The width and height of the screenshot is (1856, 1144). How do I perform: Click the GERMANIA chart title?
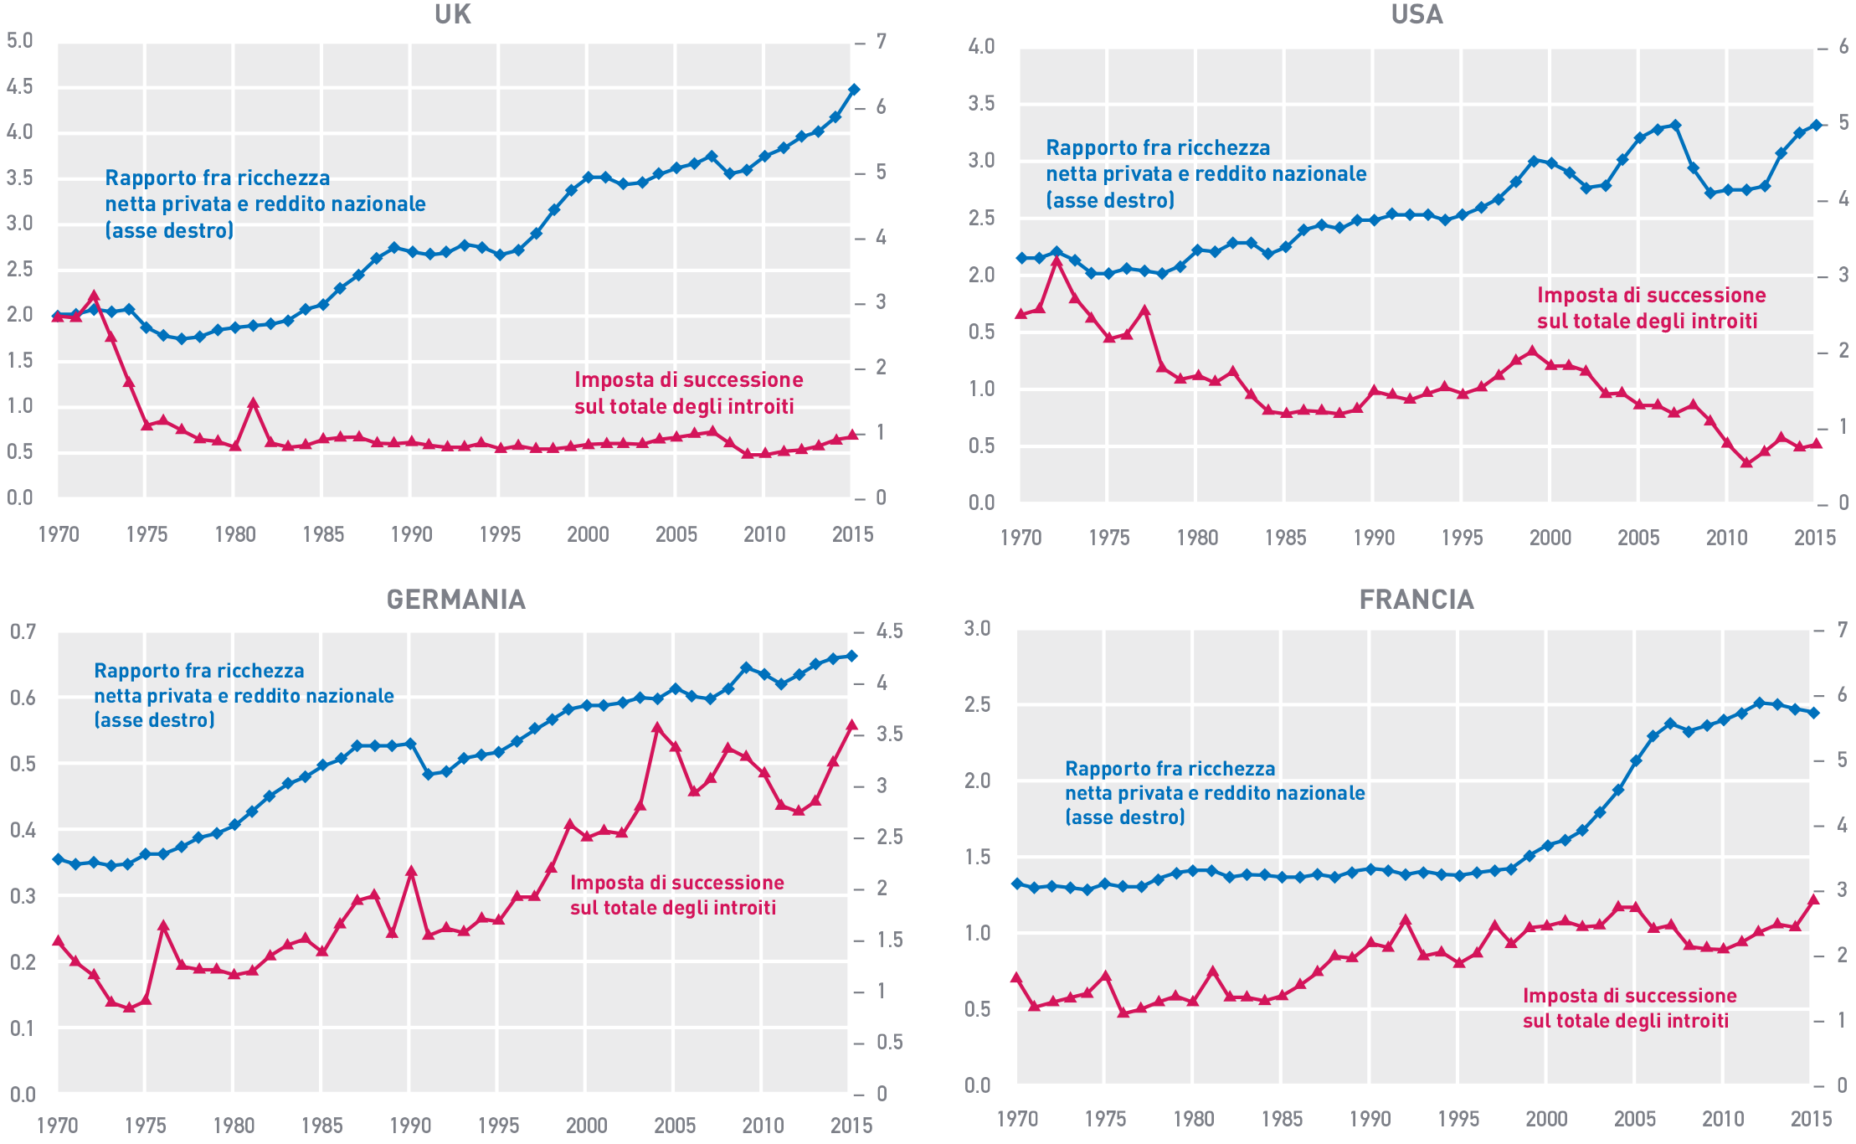[456, 600]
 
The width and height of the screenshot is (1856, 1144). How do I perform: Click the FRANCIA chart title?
[1416, 600]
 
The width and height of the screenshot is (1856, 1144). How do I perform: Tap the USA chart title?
[1416, 14]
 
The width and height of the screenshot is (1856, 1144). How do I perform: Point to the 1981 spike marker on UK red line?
[252, 404]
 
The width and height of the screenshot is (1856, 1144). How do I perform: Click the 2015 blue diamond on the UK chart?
[854, 89]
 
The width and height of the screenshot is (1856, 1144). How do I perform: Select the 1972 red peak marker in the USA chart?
[1057, 261]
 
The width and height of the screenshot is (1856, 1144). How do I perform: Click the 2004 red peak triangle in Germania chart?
[657, 728]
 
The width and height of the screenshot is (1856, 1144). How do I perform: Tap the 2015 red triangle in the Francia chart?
[1814, 899]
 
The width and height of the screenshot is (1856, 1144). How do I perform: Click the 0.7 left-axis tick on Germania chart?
[23, 631]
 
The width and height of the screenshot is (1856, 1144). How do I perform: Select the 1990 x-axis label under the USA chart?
[1374, 538]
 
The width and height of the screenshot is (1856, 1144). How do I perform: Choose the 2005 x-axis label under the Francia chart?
[1634, 1119]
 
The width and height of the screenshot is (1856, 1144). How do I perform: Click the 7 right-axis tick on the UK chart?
[881, 42]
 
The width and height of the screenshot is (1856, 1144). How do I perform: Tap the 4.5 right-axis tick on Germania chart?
[889, 631]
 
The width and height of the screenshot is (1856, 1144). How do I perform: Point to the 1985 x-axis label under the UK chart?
[323, 534]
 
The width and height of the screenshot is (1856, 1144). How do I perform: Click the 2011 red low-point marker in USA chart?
[1745, 461]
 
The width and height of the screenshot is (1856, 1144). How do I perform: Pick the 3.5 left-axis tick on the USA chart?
[981, 104]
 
